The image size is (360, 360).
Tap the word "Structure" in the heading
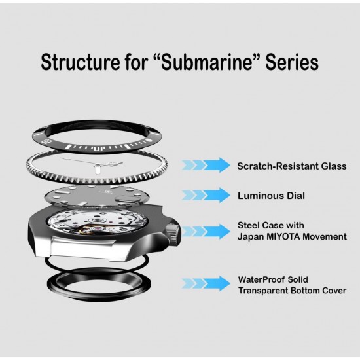pos(81,62)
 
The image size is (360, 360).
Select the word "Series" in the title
pos(292,62)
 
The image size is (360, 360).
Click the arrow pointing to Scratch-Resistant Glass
pos(206,165)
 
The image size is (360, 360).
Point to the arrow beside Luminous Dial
pos(206,195)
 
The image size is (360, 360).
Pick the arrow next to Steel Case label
pos(206,231)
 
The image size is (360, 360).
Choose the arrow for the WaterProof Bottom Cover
pos(206,283)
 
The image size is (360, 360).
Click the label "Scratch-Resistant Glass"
pos(292,166)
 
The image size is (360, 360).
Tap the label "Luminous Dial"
pos(271,196)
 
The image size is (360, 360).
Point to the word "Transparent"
pos(263,291)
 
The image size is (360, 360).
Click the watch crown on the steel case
pos(173,232)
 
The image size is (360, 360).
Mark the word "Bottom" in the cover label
pos(305,291)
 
